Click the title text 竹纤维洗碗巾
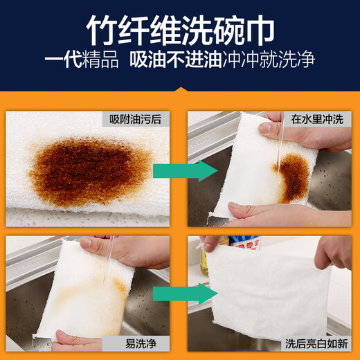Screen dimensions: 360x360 click(180, 30)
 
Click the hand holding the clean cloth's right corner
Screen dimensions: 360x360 click(333, 253)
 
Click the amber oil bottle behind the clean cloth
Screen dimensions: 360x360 click(205, 257)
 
